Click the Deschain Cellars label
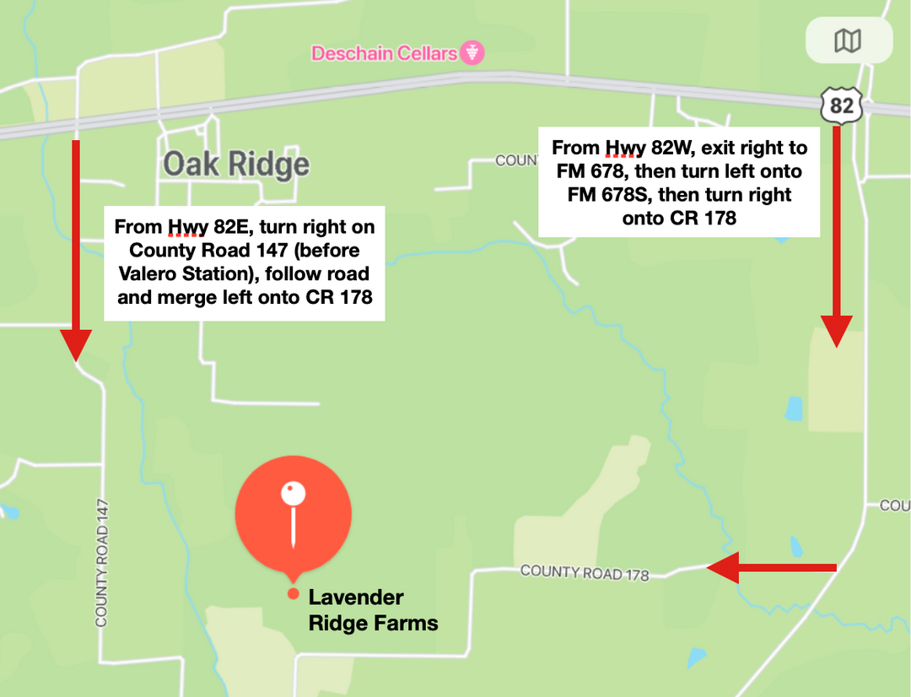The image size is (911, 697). (x=385, y=53)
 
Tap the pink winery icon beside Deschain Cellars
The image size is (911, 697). (x=473, y=53)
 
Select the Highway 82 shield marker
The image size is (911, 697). (x=841, y=105)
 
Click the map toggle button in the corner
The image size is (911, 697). (x=848, y=41)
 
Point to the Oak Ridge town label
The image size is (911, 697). (x=236, y=164)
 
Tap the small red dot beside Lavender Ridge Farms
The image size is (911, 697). (x=293, y=594)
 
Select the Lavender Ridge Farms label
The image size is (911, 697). (x=373, y=610)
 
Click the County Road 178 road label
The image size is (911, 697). (x=585, y=572)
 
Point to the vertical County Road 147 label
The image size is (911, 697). (x=102, y=562)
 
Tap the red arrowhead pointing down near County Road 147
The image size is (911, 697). (x=76, y=344)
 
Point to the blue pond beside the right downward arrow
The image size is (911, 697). (x=793, y=408)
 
